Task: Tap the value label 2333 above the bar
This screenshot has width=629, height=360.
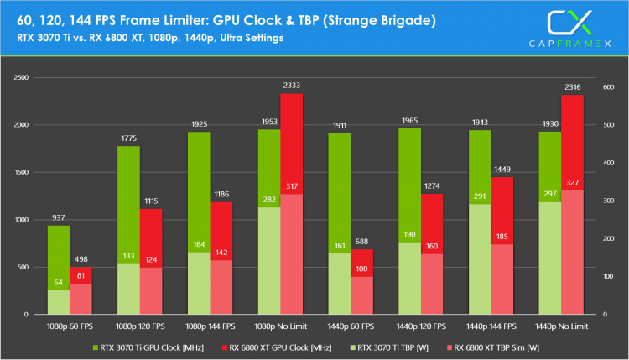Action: (x=291, y=86)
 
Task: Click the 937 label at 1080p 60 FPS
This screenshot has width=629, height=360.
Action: (x=58, y=218)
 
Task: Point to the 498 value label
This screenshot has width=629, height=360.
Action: (x=81, y=259)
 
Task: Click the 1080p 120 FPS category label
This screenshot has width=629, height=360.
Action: (x=140, y=325)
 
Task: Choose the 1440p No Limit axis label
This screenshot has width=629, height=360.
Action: (x=562, y=325)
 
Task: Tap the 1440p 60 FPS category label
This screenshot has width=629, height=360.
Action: (x=351, y=325)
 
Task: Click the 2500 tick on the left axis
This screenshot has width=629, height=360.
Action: (x=21, y=77)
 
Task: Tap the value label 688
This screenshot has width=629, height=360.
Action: (x=362, y=242)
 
